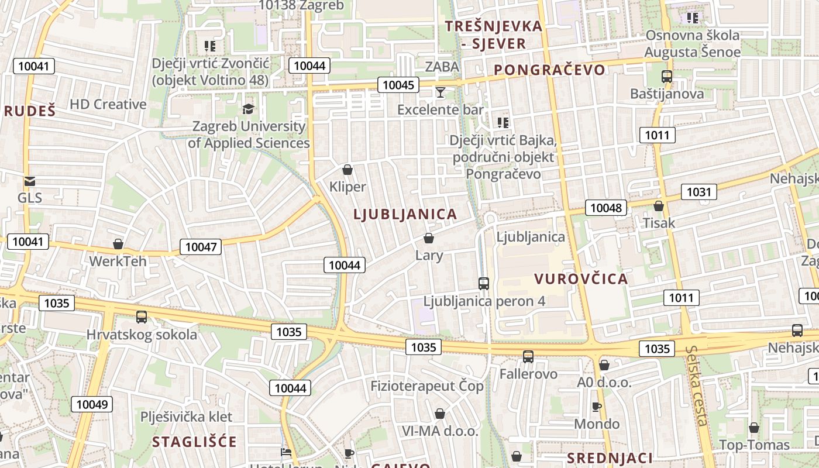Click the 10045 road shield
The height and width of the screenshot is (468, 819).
click(398, 85)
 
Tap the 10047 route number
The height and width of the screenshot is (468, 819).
click(201, 247)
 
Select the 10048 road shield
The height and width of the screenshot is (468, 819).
click(606, 207)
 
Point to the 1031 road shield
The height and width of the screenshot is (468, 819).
click(698, 191)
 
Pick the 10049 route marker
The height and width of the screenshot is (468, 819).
click(92, 404)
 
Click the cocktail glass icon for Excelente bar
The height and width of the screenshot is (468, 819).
click(441, 92)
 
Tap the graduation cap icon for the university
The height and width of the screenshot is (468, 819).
click(249, 109)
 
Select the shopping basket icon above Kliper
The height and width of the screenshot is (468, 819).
click(347, 170)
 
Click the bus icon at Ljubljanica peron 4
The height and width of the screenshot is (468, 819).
click(484, 284)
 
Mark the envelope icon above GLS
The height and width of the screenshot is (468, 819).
click(30, 181)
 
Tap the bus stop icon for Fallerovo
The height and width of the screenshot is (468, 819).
click(528, 356)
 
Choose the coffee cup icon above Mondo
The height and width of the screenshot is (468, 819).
click(597, 407)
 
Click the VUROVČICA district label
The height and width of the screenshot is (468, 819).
click(581, 279)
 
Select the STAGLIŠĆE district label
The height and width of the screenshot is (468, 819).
click(195, 442)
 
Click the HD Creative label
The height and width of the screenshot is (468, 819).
click(108, 105)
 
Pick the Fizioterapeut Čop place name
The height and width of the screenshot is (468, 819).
click(427, 386)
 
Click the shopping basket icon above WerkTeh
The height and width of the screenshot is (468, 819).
click(118, 244)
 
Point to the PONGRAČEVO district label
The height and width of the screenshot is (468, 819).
click(549, 70)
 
